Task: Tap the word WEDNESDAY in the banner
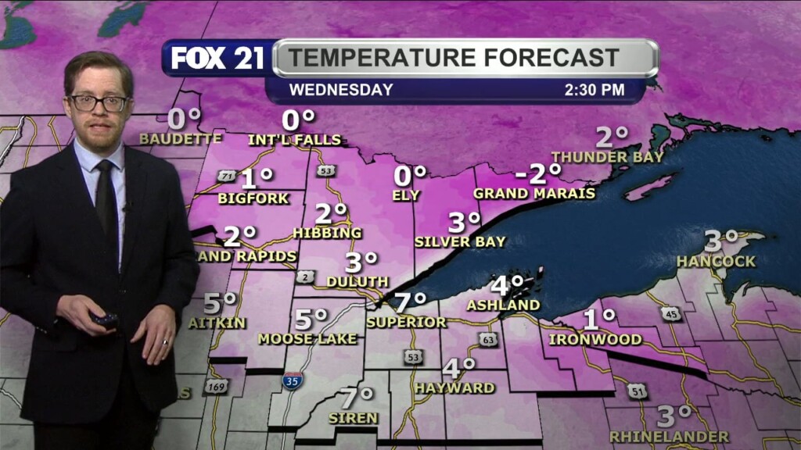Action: tap(341, 90)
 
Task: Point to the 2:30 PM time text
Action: tap(594, 90)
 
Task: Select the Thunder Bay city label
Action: tap(608, 157)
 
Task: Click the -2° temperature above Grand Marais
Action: tap(539, 173)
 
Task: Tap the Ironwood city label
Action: tap(595, 339)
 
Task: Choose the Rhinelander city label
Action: tap(669, 436)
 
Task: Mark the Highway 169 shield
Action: tap(216, 386)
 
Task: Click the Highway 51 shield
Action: tap(638, 391)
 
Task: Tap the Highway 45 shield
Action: tap(670, 313)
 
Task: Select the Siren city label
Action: tap(353, 418)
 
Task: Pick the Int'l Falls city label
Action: tap(294, 140)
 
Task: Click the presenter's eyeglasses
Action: tap(99, 102)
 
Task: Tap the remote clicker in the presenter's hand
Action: tap(103, 319)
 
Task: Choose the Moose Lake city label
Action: tap(307, 338)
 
